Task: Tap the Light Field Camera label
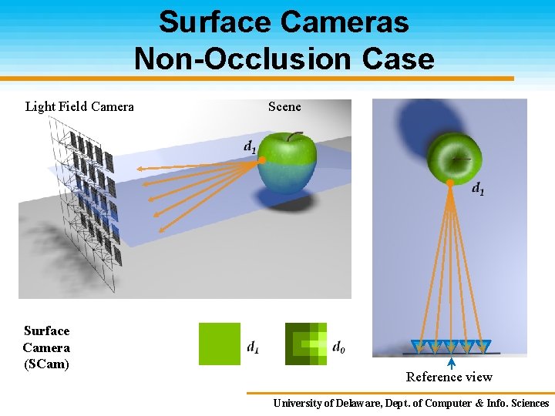point(79,106)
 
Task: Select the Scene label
point(284,106)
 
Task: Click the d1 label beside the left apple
point(250,146)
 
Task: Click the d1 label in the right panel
point(478,187)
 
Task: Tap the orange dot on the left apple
point(262,160)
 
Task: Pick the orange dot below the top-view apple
point(450,183)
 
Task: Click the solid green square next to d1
point(220,344)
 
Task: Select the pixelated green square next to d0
point(306,344)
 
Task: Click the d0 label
point(338,347)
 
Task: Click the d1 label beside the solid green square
point(253,347)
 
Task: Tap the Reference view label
point(449,377)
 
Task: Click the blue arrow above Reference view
point(451,362)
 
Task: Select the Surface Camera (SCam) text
point(46,347)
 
